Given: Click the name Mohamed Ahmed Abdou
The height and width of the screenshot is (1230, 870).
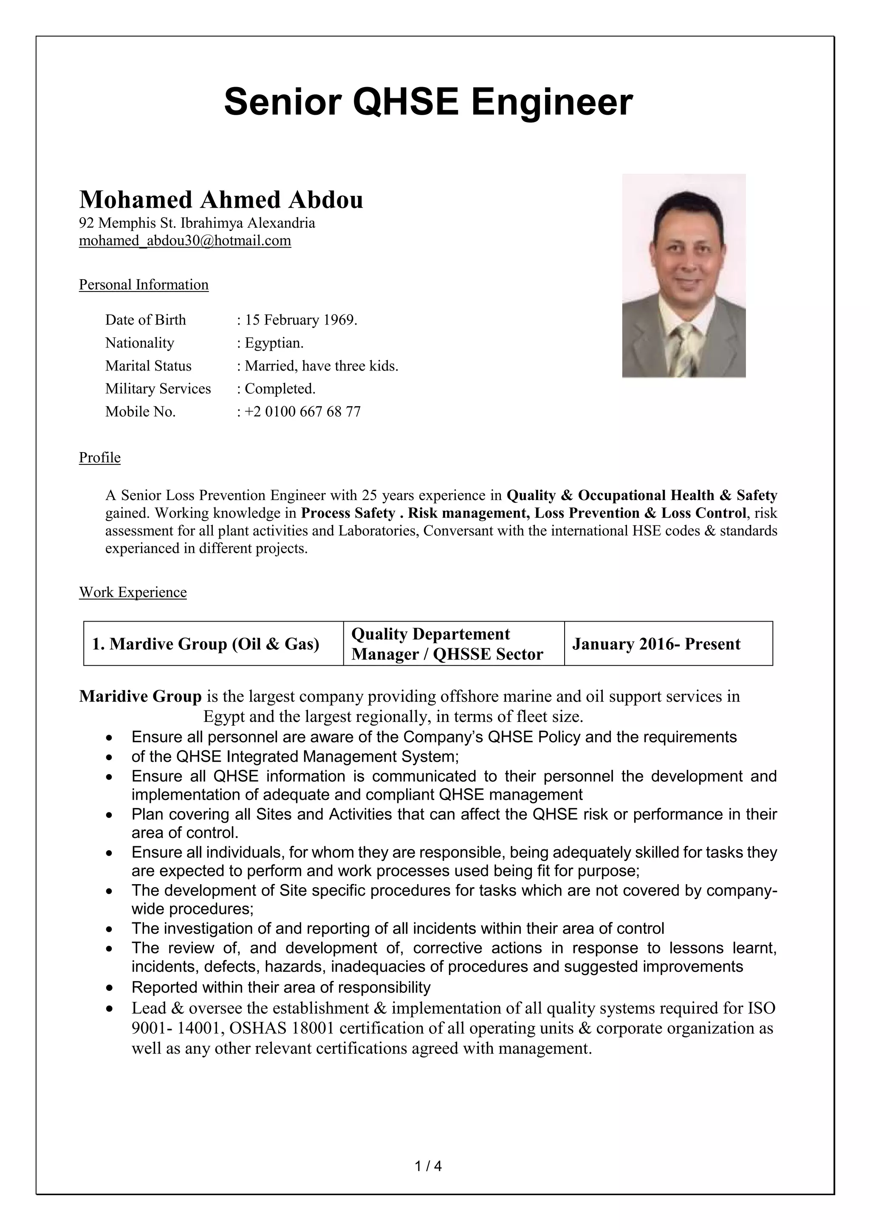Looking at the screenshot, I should [221, 200].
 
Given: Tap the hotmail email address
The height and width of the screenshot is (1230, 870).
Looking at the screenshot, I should [185, 240].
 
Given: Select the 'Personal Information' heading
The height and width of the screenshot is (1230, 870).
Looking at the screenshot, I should [144, 285].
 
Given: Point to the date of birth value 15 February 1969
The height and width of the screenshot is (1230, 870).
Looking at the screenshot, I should [300, 320].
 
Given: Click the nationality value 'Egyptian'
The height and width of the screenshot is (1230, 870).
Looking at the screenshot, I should [274, 343].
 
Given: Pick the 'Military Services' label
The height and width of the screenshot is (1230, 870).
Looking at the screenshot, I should [158, 388].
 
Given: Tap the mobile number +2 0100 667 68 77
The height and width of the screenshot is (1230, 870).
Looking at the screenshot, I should [302, 411].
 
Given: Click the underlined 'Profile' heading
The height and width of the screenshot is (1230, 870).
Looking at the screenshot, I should [100, 458].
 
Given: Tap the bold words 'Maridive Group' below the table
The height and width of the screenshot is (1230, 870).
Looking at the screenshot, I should [140, 696].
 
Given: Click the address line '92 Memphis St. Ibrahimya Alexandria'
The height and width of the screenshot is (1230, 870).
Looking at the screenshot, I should [197, 223].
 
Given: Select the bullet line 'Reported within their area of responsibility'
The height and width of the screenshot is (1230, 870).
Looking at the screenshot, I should [281, 987].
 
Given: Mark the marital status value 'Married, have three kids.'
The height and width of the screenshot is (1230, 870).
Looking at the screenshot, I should [322, 366].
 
